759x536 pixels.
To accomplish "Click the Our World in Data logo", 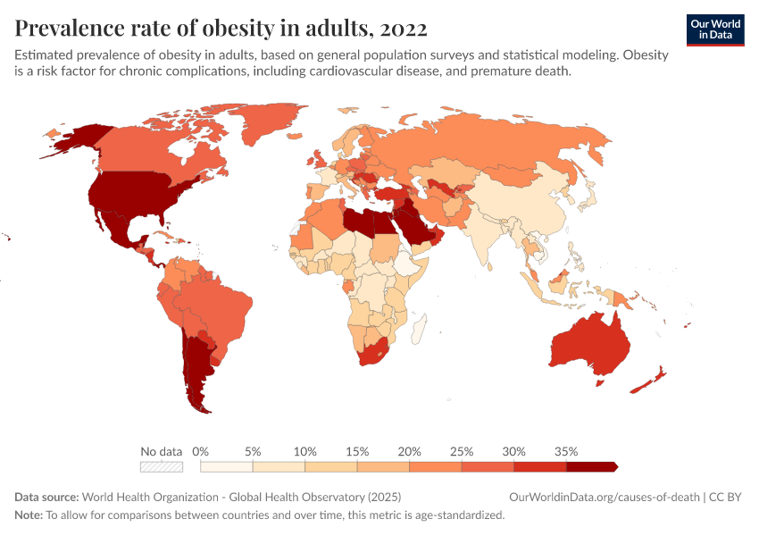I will click(x=715, y=29).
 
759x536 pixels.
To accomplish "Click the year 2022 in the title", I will click(x=403, y=28).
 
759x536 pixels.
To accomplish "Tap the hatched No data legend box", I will click(x=162, y=466).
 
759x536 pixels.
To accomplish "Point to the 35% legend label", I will click(x=566, y=451).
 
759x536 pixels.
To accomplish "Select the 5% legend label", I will click(x=253, y=451).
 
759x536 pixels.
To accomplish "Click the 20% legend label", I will click(x=410, y=451).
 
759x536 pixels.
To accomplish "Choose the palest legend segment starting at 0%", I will click(x=227, y=466).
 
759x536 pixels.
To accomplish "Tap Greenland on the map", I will click(x=268, y=125).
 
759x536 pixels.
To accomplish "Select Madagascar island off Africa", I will click(x=418, y=332).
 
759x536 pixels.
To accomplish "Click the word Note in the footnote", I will click(x=28, y=515).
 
